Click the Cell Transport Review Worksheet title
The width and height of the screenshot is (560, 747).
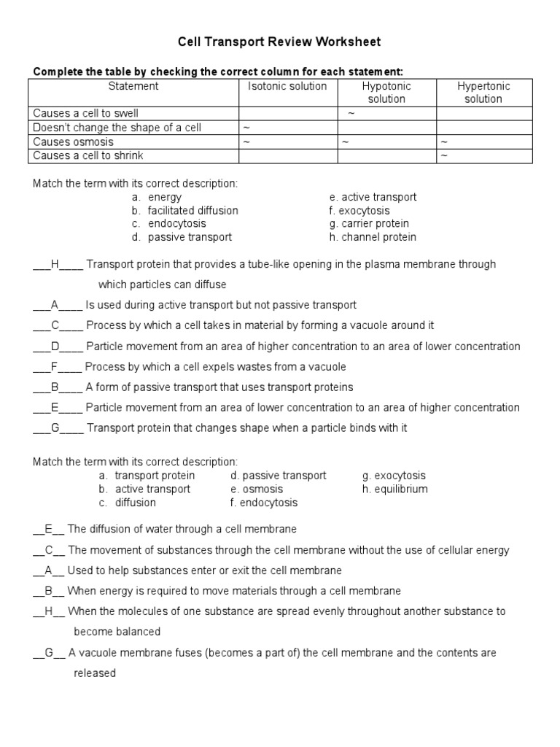(x=279, y=42)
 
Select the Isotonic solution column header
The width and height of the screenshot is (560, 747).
(x=287, y=86)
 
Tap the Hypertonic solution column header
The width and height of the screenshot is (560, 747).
(x=483, y=92)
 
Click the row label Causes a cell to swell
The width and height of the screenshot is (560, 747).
(x=85, y=113)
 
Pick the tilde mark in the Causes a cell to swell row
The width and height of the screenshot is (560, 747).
(x=351, y=114)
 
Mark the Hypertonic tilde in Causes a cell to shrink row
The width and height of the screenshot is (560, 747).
(x=443, y=155)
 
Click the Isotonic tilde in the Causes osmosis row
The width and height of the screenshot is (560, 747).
(x=246, y=142)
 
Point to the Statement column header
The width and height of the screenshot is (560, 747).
(x=133, y=86)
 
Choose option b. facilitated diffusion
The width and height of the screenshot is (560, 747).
(x=185, y=210)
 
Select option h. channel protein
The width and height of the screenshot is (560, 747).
(x=373, y=237)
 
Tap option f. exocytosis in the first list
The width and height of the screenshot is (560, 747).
(x=359, y=210)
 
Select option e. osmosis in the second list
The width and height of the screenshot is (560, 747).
(x=256, y=489)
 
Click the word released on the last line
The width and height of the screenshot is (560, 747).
(x=95, y=673)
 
